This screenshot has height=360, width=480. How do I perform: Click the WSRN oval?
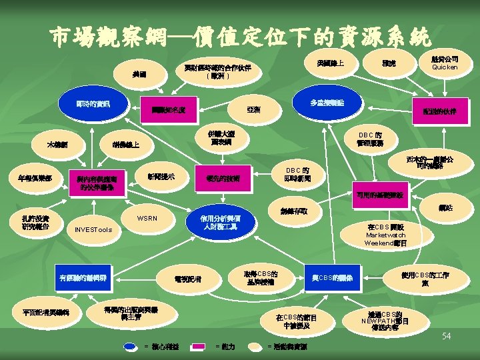pos(147,219)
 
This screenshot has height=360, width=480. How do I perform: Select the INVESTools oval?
pos(93,231)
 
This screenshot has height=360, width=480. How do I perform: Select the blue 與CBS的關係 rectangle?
pos(332,277)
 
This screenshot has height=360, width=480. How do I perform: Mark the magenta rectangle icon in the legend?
pos(199,346)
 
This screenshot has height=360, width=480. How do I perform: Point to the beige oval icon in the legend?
pos(255,346)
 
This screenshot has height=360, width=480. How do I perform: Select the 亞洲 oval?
pos(253,109)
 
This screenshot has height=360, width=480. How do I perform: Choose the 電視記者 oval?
pos(187,278)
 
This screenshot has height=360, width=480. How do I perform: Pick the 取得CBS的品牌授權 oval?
pos(261,277)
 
